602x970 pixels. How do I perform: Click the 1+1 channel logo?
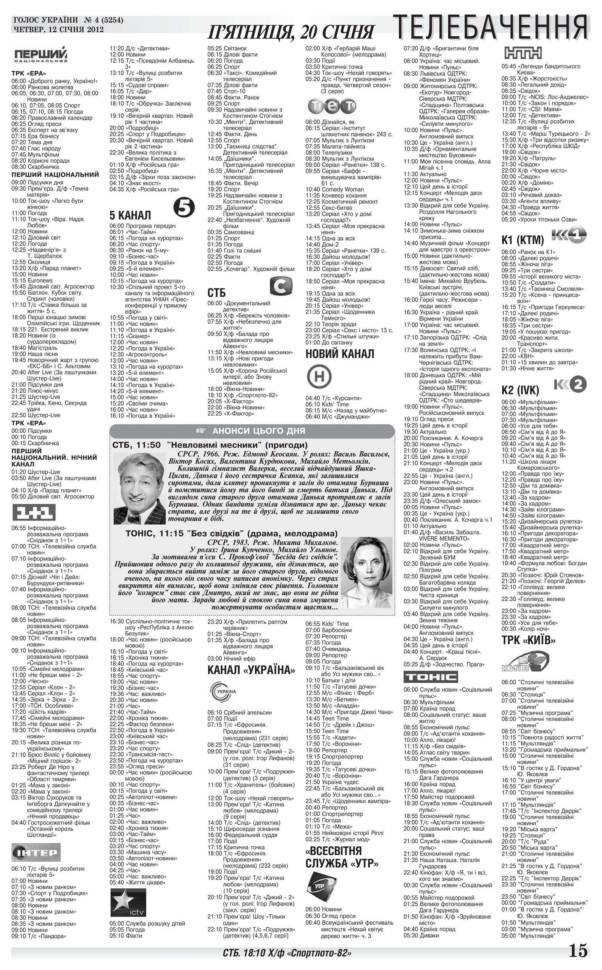click(34, 512)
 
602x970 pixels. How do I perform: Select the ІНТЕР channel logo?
click(36, 853)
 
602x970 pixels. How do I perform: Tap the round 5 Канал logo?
click(184, 209)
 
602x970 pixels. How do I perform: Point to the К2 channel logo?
click(570, 385)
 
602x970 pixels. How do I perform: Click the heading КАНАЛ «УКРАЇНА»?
click(251, 670)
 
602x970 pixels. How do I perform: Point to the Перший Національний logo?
click(41, 55)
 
